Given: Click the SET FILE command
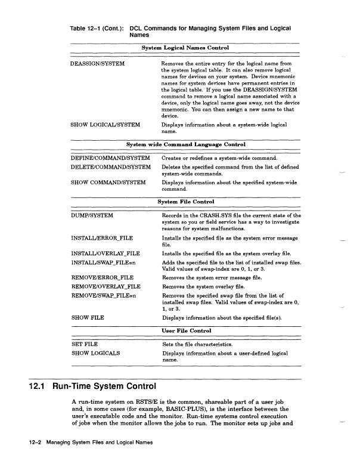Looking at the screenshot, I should click(x=85, y=344).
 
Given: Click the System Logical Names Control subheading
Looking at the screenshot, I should click(x=185, y=47).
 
